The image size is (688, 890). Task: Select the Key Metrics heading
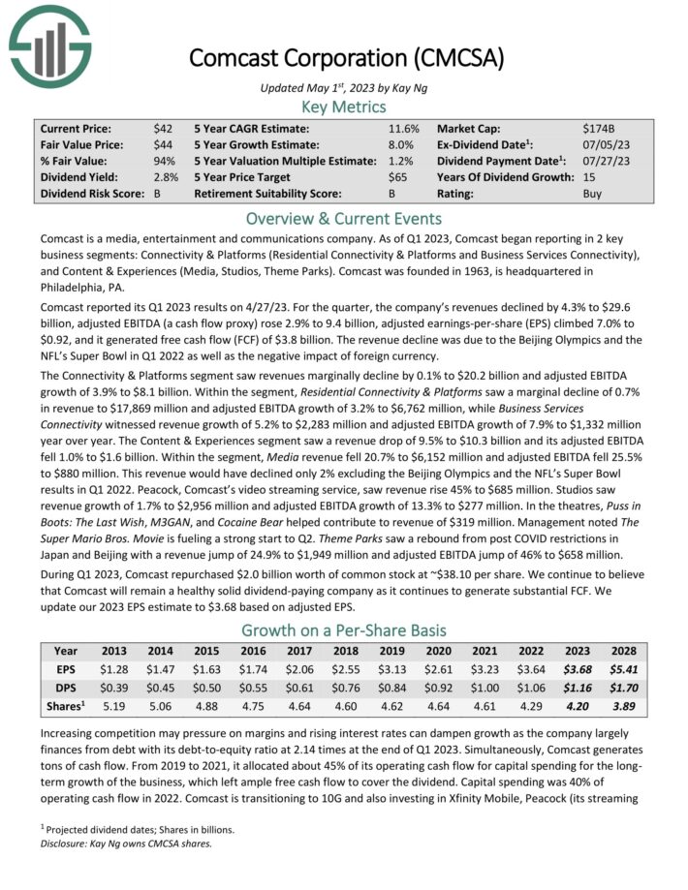click(343, 107)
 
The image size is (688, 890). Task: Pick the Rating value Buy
click(592, 194)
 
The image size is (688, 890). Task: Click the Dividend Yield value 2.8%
click(164, 177)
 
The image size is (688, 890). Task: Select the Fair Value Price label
click(80, 144)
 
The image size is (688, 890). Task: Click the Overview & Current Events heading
click(343, 218)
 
